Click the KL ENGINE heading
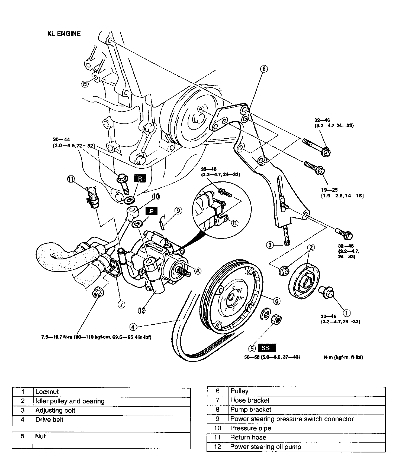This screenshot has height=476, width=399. pos(64,34)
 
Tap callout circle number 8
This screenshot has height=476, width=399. pos(264,69)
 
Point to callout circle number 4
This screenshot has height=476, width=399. pos(133,327)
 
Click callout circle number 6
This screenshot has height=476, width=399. pos(276,301)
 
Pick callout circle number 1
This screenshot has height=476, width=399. pos(347,313)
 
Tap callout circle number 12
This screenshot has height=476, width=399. pos(141,311)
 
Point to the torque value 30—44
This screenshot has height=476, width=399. pos(61,139)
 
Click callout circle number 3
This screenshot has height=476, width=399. pos(270,245)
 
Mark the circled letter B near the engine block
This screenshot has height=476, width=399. pos(85,84)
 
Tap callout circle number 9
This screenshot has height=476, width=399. pos(178,210)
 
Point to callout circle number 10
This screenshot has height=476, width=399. pos(156,197)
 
